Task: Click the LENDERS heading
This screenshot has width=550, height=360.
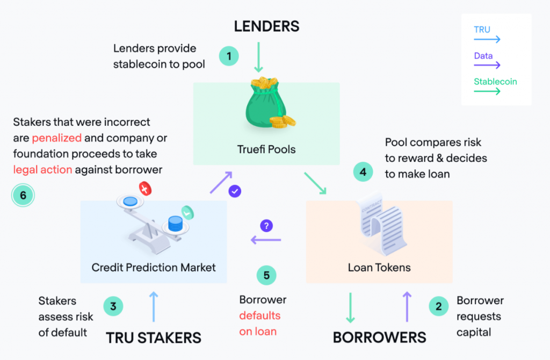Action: coord(266,26)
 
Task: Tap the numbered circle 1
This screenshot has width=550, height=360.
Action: coord(229,56)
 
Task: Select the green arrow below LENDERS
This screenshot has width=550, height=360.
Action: coord(258,57)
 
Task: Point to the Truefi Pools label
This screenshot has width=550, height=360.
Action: coord(266,149)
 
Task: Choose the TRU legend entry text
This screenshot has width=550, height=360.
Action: coord(482,30)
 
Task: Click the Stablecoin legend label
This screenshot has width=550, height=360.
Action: coord(495,82)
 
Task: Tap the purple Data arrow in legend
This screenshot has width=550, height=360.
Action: coord(487,65)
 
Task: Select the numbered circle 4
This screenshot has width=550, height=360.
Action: coord(363,172)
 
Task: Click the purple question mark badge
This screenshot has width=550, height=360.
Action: coord(266,226)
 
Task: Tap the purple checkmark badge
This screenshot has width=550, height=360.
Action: coord(235,191)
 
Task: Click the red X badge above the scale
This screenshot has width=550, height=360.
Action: coord(145,189)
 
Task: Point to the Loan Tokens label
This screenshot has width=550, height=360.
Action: coord(379,268)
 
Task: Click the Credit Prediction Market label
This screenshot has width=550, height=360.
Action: coord(154,268)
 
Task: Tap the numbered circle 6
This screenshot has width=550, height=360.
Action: coord(23,195)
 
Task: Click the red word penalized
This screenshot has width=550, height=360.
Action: coord(57,138)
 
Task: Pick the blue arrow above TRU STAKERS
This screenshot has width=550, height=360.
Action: coord(154,306)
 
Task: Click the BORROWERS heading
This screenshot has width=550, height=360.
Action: coord(380,337)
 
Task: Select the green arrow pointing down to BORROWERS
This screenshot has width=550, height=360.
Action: coord(350,308)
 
